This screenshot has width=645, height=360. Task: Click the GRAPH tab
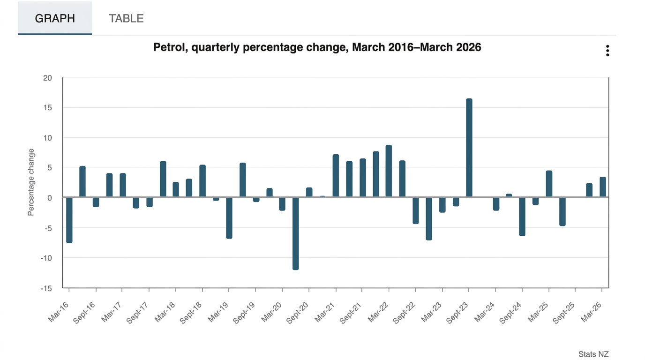55,18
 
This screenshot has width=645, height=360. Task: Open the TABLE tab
126,18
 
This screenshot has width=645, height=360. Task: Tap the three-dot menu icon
607,51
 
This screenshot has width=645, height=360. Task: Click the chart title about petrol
317,47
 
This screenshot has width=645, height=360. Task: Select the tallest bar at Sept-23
469,148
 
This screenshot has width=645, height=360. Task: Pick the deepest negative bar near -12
295,233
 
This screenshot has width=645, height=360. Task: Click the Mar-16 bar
69,219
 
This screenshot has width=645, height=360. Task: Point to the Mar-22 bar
389,171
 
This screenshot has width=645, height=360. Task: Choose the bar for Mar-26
602,187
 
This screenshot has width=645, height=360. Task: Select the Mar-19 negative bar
229,217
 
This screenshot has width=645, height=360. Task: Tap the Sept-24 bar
522,216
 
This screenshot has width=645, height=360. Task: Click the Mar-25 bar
549,184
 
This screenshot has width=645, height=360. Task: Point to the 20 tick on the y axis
47,78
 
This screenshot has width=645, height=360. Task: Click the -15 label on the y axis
46,288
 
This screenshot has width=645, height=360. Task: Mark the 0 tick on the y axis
49,198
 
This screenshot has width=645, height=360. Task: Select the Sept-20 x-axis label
298,312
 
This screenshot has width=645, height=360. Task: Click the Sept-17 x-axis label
137,312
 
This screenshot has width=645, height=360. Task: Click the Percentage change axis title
31,182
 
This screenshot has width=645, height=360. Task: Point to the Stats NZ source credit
593,354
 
